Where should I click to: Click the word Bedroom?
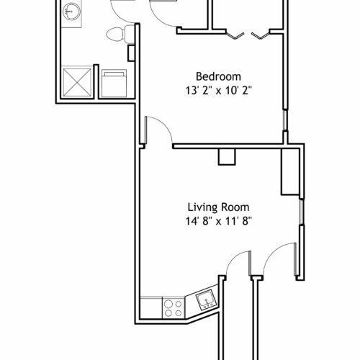(x=218, y=76)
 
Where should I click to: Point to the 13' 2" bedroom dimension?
(x=197, y=91)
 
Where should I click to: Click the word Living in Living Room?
(x=203, y=207)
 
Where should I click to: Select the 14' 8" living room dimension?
(x=197, y=221)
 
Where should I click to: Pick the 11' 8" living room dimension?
(x=238, y=221)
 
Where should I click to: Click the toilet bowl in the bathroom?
(x=115, y=35)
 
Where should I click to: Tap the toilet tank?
(x=130, y=34)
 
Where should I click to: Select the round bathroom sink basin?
(x=71, y=12)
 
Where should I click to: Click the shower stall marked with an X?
(x=77, y=83)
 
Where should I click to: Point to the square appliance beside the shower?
(x=114, y=84)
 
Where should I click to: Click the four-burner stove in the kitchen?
(x=174, y=308)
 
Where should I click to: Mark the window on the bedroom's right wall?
(x=285, y=120)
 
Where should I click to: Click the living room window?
(x=302, y=212)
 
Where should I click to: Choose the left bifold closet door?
(x=235, y=35)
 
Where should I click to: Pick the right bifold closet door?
(x=261, y=35)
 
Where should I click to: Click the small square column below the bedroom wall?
(x=227, y=157)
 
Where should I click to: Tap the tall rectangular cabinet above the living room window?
(x=290, y=172)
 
